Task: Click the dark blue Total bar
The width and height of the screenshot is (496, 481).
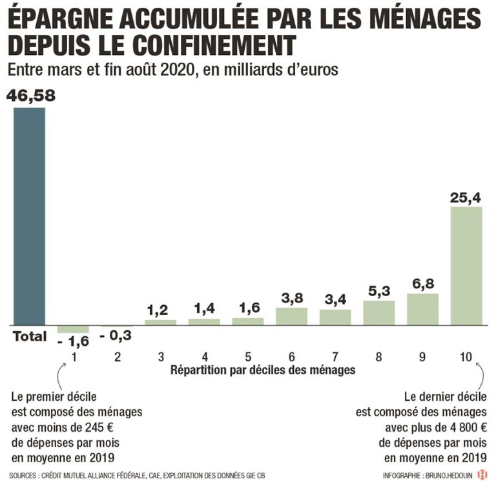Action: point(30,216)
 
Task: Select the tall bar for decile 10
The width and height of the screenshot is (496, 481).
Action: point(466,266)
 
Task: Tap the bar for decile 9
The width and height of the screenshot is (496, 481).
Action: point(422,309)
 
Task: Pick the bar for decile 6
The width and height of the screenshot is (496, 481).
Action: point(291,316)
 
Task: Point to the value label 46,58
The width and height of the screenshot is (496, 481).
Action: point(30,96)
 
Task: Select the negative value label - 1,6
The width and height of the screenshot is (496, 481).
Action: point(73,341)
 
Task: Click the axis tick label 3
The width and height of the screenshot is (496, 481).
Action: point(160,356)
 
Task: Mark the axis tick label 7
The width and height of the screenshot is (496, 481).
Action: point(335,356)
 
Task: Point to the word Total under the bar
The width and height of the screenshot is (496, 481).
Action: point(30,336)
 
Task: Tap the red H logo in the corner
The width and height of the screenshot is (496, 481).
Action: point(482,475)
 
